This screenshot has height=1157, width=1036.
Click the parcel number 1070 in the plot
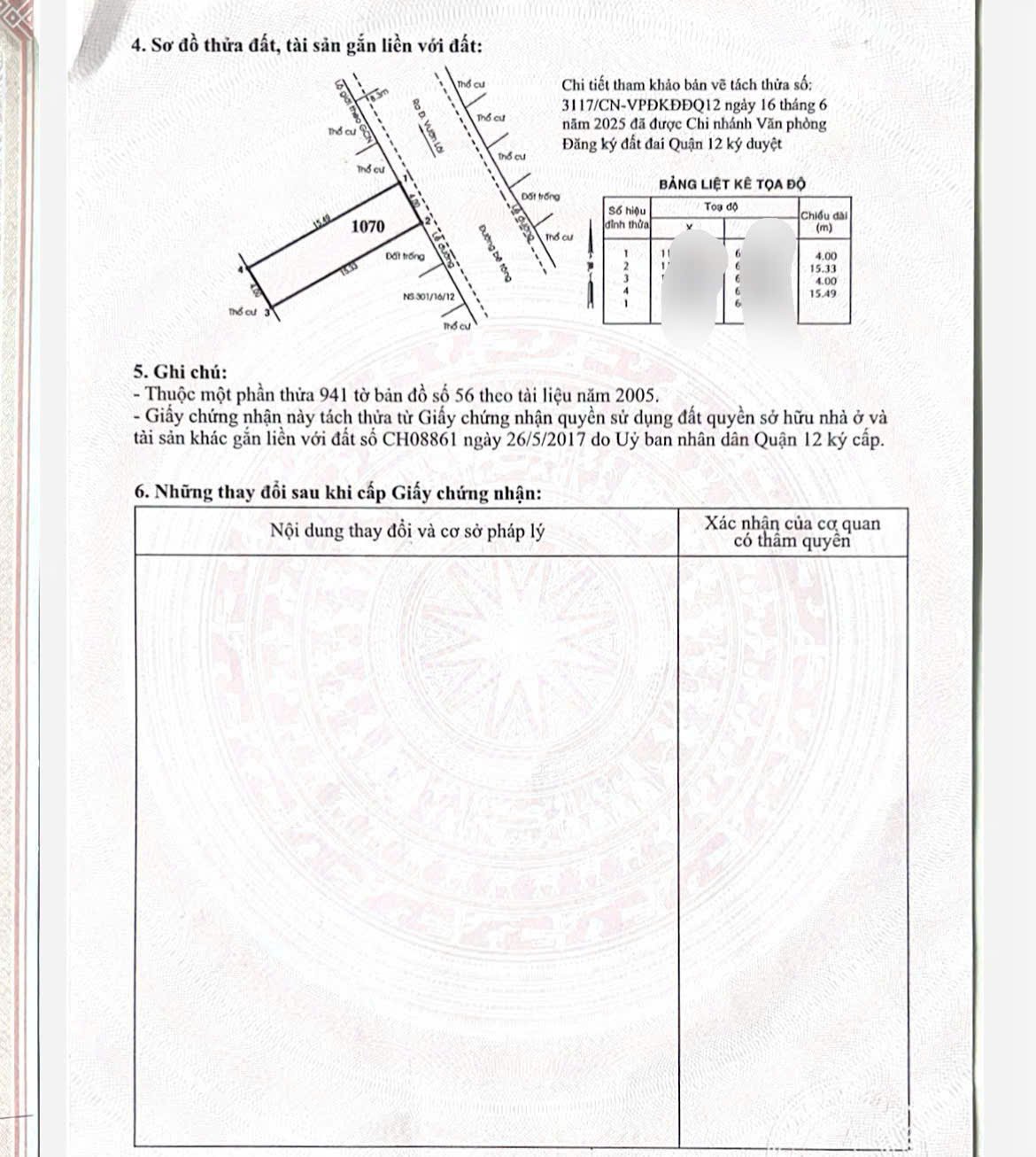pos(367,226)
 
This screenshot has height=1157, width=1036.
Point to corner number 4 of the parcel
pos(240,268)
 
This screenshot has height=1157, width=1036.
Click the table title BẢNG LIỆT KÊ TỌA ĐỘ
pos(731,183)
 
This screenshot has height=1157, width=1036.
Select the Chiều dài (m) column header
pos(823,221)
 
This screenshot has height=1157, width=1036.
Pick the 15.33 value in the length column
pos(823,268)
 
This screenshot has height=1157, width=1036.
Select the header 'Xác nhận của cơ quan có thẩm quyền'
pos(792,532)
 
